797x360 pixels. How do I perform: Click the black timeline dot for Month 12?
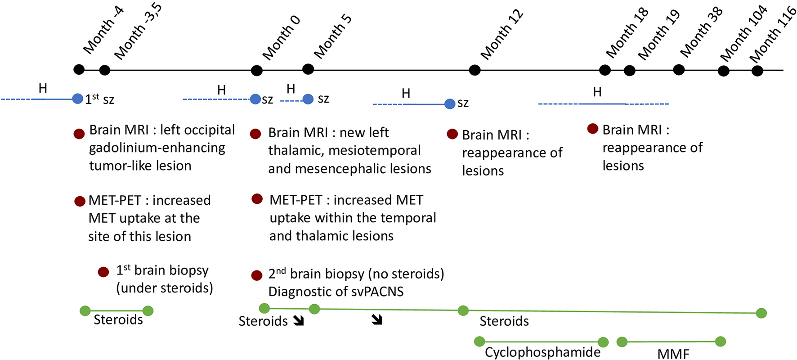coord(475,70)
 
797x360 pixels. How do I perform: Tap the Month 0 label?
coord(281,38)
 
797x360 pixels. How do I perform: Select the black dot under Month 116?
coord(757,71)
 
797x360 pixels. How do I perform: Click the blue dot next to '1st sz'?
coord(77,99)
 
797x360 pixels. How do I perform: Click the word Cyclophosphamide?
coord(542,352)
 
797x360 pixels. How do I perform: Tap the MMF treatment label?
coord(673,354)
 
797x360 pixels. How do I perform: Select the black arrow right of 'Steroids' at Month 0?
coord(298,320)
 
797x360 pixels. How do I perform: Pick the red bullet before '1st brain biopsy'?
coord(103,272)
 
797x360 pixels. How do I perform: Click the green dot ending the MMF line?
coord(720,342)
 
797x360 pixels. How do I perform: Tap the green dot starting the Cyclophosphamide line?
coord(479,342)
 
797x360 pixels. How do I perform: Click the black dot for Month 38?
coord(679,70)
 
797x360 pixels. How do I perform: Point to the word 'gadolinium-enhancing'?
coord(157,148)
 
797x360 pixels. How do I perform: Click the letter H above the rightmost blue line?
coord(597,92)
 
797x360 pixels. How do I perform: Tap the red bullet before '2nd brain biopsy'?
coord(257,275)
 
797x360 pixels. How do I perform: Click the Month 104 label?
coord(743,34)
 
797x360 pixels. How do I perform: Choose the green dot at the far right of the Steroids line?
coord(761,313)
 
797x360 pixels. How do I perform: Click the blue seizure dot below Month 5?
coord(308,99)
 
